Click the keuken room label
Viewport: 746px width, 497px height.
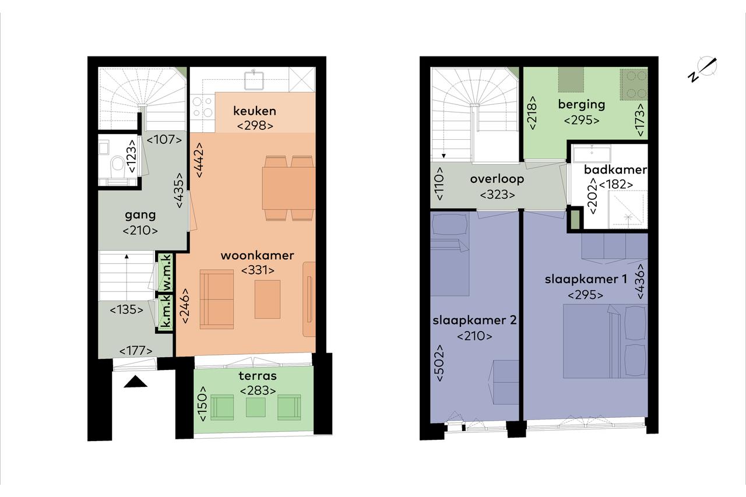tap(255, 111)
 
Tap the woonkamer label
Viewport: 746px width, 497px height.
tap(258, 256)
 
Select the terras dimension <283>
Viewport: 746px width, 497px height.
tap(258, 390)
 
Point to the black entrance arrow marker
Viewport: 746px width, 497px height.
tap(136, 382)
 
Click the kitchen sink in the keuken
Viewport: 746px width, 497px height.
tap(255, 80)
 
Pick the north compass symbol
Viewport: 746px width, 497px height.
tap(703, 69)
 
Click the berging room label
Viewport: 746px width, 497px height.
tap(582, 105)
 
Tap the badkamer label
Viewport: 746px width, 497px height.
tap(615, 170)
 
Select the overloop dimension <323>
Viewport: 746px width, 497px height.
tap(498, 195)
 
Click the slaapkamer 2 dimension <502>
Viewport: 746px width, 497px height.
tap(439, 363)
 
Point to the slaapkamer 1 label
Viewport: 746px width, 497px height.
tap(586, 279)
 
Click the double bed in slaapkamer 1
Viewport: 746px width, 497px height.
tap(605, 341)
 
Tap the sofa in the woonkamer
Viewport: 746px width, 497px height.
tap(217, 299)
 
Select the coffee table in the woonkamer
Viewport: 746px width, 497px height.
tap(268, 299)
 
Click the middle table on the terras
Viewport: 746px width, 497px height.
tap(256, 407)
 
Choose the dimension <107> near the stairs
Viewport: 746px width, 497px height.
tap(164, 139)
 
